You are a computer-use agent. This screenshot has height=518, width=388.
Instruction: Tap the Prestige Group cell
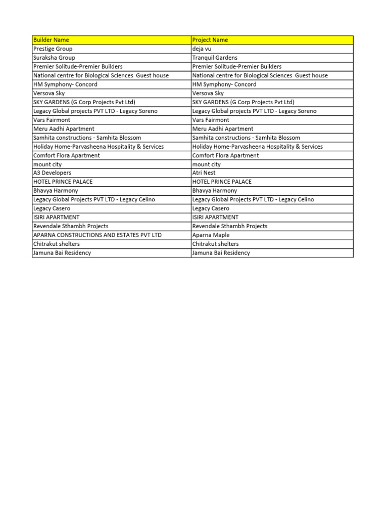click(53, 49)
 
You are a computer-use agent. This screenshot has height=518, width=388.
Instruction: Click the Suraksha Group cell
click(54, 58)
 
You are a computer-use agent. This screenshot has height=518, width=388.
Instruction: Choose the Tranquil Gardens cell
click(215, 58)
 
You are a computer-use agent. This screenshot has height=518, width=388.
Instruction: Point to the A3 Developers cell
click(52, 173)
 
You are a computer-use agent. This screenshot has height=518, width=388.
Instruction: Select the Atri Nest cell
click(204, 173)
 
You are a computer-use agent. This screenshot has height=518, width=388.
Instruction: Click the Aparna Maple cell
click(211, 235)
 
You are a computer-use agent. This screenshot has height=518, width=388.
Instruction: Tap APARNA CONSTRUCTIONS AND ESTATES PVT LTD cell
click(98, 235)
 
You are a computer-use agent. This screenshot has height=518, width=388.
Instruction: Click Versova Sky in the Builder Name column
click(49, 93)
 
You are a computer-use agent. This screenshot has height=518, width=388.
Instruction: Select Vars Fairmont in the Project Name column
click(211, 120)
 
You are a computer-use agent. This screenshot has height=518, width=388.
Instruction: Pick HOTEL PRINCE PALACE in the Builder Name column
click(63, 182)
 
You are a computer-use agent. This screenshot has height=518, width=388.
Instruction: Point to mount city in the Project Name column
click(206, 164)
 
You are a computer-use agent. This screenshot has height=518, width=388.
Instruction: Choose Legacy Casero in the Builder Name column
click(52, 208)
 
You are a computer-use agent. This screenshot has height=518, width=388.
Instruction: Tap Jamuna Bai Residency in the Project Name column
click(221, 253)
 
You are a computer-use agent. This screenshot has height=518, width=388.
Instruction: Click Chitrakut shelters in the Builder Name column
click(56, 244)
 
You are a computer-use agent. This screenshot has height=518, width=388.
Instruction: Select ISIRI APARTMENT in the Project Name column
click(215, 218)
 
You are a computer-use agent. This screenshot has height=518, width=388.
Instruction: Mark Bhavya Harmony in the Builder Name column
click(56, 191)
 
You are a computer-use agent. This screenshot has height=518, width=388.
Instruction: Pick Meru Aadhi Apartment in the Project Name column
click(223, 129)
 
